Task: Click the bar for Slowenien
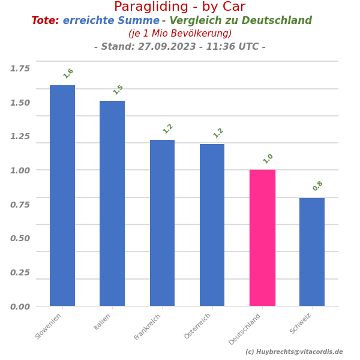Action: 62,196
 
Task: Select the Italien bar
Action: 112,203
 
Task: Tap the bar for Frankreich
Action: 162,223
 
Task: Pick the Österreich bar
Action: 212,225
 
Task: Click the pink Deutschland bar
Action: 262,238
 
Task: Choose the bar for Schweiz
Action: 312,252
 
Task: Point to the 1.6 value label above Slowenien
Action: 68,73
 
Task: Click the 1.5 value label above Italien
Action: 118,89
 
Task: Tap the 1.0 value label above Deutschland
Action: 268,158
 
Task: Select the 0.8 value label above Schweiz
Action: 318,186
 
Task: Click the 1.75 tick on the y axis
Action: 20,68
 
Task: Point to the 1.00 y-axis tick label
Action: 20,170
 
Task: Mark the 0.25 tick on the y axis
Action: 20,272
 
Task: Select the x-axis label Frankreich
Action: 148,326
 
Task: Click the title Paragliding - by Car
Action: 179,7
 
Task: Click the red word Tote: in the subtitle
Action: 45,21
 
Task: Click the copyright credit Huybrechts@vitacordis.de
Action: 298,352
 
